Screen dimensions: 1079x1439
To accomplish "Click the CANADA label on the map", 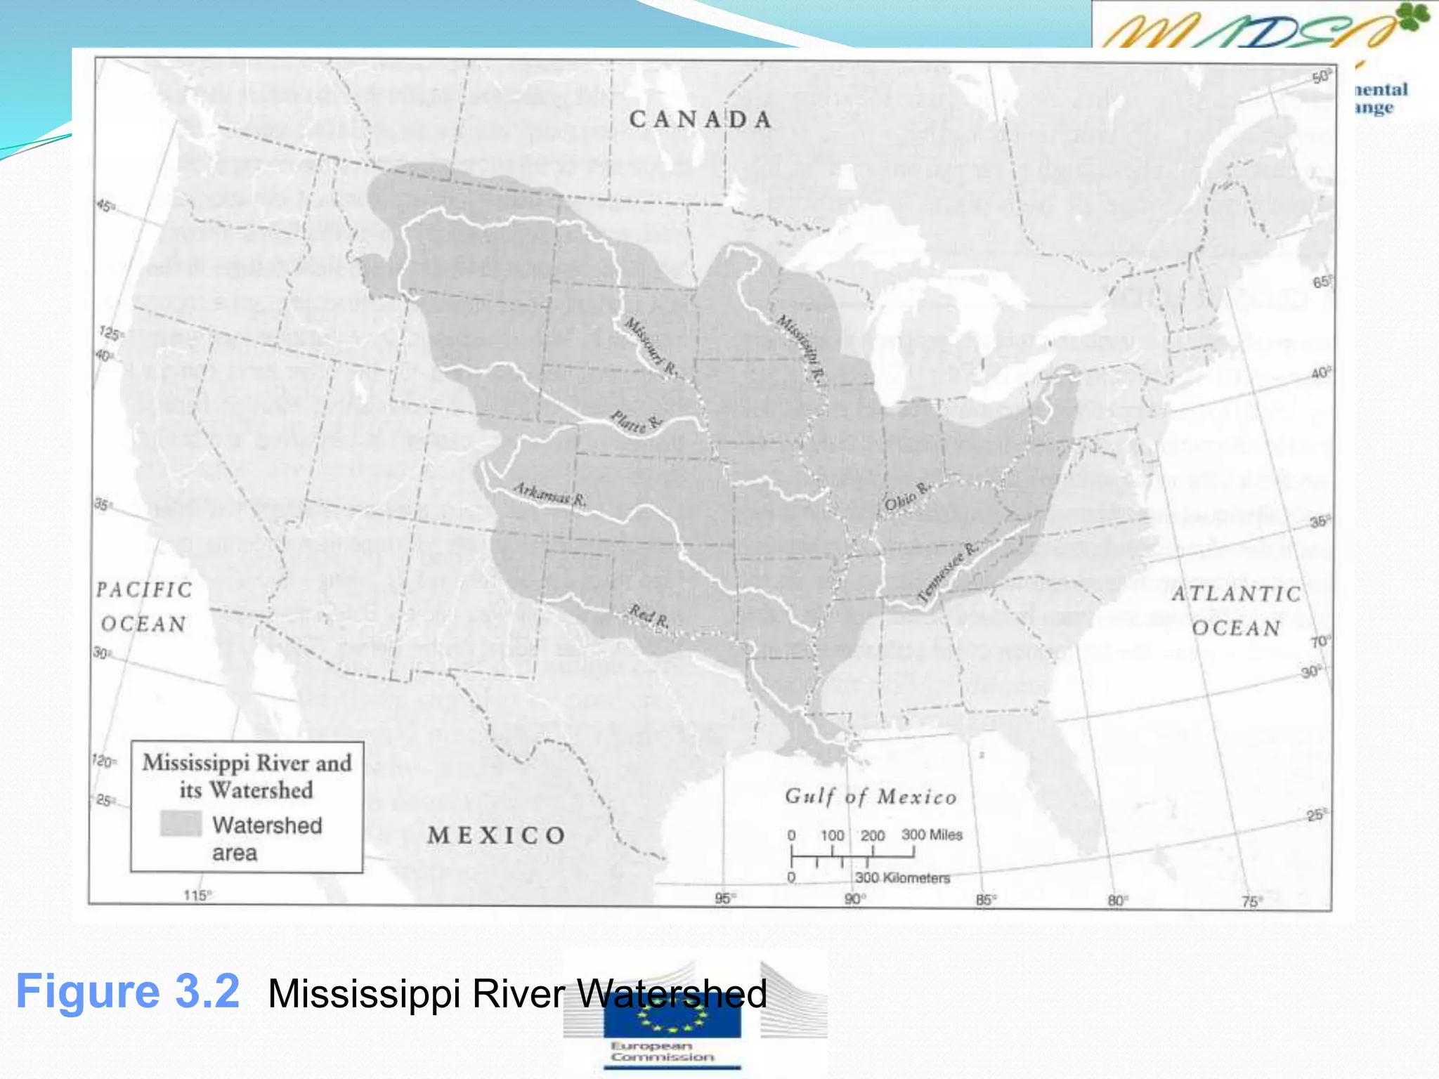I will pos(701,119).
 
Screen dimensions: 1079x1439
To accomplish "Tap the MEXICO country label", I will pos(497,835).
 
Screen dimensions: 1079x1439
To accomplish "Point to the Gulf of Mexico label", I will pos(871,797).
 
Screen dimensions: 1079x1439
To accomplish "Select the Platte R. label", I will pos(635,422).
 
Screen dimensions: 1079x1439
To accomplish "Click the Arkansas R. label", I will pos(549,494).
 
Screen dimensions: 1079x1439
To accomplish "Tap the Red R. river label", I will pos(649,616).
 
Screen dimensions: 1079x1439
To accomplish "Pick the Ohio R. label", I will pos(907,496).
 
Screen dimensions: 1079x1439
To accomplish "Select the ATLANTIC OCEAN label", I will pos(1237,610).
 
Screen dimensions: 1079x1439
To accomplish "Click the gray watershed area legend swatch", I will pos(181,823).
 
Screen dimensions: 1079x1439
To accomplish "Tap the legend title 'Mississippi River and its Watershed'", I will pos(247,776).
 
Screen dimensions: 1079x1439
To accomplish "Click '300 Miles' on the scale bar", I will pos(932,835).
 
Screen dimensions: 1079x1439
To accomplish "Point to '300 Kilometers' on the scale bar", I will pos(902,878).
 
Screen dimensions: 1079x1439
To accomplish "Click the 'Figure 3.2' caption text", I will pos(128,992).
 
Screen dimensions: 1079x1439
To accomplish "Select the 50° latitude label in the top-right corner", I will pos(1320,77).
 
